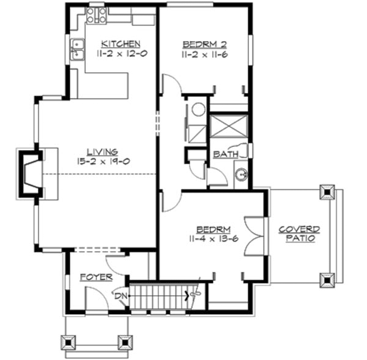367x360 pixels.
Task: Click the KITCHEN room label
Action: click(x=120, y=44)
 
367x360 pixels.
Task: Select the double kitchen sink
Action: click(x=78, y=50)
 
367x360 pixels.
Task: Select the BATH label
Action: click(x=225, y=155)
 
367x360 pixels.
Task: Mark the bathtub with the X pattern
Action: click(x=229, y=127)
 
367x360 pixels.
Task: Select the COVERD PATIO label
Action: click(x=299, y=233)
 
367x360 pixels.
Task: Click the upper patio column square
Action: click(x=328, y=193)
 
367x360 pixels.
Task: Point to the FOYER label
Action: click(x=96, y=277)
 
